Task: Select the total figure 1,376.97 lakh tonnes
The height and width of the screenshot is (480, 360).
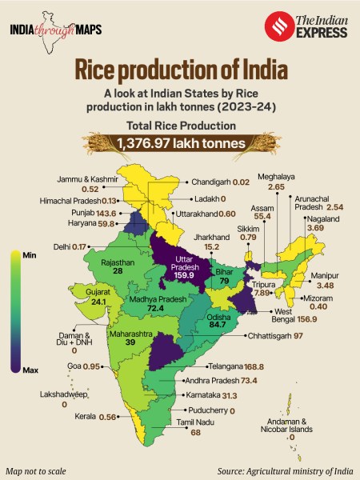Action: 179,143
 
